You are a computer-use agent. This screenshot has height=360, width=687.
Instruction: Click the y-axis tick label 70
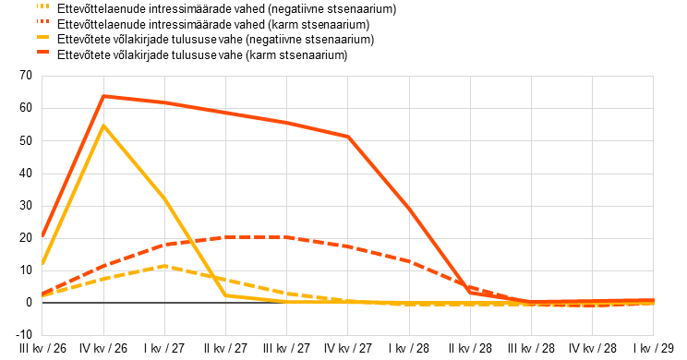click(x=26, y=76)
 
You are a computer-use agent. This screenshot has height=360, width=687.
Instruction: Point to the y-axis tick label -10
click(x=24, y=334)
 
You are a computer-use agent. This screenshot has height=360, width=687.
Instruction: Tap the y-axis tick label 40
click(x=26, y=173)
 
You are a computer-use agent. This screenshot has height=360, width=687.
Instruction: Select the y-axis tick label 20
click(x=26, y=238)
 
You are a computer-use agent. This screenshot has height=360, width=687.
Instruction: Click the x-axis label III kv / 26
click(x=42, y=349)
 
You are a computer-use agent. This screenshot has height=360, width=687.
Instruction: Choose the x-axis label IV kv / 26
click(x=103, y=349)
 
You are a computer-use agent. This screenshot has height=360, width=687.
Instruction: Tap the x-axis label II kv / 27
click(x=225, y=349)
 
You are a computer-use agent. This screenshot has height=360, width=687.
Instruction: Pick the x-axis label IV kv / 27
click(x=348, y=349)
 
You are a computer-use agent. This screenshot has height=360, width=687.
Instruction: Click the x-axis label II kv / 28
click(x=470, y=349)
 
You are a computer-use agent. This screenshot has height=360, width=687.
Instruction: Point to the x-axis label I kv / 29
click(x=653, y=349)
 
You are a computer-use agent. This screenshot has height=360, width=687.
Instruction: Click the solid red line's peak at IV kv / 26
click(x=103, y=96)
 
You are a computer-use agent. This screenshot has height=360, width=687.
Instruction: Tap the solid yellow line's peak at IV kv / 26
click(x=103, y=126)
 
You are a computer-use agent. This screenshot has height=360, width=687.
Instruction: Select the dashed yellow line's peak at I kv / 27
click(x=164, y=266)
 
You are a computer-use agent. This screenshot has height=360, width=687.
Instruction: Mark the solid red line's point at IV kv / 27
click(x=348, y=137)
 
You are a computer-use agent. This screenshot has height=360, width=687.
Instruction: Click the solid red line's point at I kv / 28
click(x=409, y=209)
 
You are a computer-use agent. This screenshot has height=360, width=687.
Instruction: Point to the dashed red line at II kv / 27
click(x=225, y=237)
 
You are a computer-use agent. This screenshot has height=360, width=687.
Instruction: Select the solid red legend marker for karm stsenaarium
click(x=42, y=52)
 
